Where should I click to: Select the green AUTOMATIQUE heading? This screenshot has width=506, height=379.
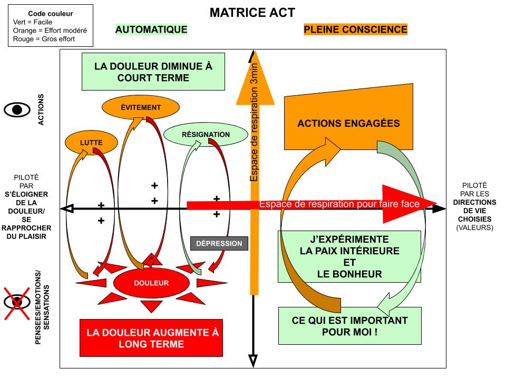click(151, 29)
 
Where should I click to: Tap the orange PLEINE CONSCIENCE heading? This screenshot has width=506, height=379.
click(356, 29)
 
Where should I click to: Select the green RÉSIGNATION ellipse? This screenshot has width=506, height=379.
click(206, 134)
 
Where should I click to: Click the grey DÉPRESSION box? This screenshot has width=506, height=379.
click(219, 243)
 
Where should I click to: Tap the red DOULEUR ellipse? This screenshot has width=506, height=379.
click(151, 283)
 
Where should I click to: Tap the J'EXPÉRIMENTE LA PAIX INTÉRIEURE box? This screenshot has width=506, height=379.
click(349, 256)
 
